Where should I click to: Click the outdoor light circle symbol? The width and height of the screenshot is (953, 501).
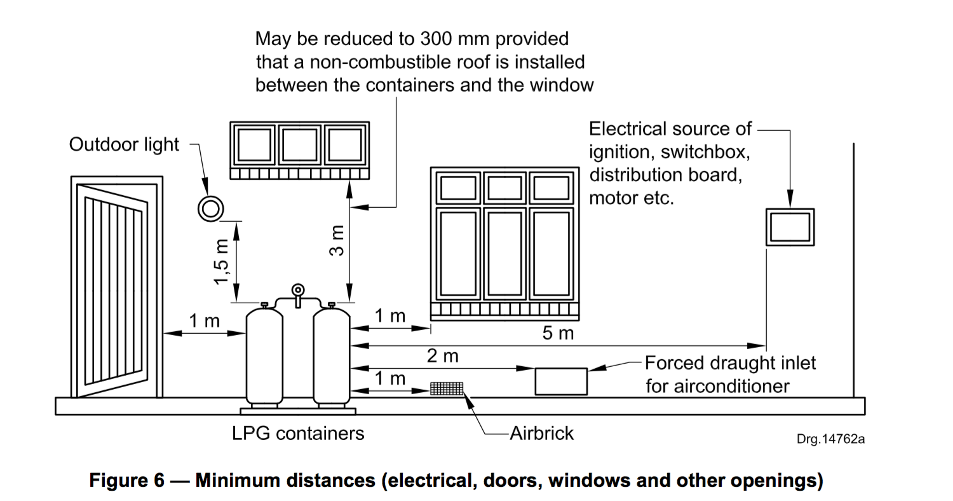coord(210,208)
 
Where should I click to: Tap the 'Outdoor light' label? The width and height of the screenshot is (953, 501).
coord(124,145)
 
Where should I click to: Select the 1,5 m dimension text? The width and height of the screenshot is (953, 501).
coord(222,261)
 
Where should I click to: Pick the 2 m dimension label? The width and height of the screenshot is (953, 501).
coord(442,356)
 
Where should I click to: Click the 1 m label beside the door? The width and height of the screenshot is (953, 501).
coord(203,320)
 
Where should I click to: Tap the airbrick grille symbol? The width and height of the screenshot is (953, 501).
coord(447,388)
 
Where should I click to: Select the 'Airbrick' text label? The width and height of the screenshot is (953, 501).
coord(541,433)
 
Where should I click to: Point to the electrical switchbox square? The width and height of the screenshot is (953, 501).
coord(790,226)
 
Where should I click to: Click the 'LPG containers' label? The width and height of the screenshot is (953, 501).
coord(298,434)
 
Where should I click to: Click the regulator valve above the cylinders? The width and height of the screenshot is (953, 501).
coord(297,291)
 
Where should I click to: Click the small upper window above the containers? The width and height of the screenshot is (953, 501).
coord(299,151)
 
